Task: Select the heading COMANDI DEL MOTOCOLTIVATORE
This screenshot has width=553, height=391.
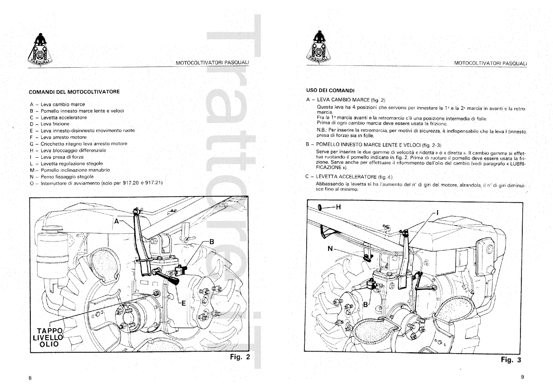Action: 74,92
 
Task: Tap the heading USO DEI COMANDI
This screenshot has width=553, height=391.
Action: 330,91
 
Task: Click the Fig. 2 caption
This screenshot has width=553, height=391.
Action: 240,357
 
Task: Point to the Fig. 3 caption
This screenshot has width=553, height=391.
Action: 510,360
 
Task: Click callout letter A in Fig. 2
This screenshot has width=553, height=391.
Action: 117,221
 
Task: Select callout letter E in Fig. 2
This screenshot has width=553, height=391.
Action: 184,303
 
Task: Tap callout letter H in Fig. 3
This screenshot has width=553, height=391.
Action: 338,207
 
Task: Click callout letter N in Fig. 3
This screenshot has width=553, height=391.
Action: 330,249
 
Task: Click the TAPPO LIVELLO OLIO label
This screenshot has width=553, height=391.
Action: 48,337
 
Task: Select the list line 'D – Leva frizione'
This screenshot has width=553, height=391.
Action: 50,124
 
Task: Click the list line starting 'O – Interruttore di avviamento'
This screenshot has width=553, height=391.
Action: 96,183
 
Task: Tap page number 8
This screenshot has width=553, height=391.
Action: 30,378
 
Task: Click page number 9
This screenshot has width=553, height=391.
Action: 522,377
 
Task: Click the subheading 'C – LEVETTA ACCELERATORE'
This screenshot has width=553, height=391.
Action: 349,177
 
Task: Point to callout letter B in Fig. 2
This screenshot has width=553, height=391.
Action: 212,242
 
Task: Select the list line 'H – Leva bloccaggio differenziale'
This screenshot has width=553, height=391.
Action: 68,150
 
